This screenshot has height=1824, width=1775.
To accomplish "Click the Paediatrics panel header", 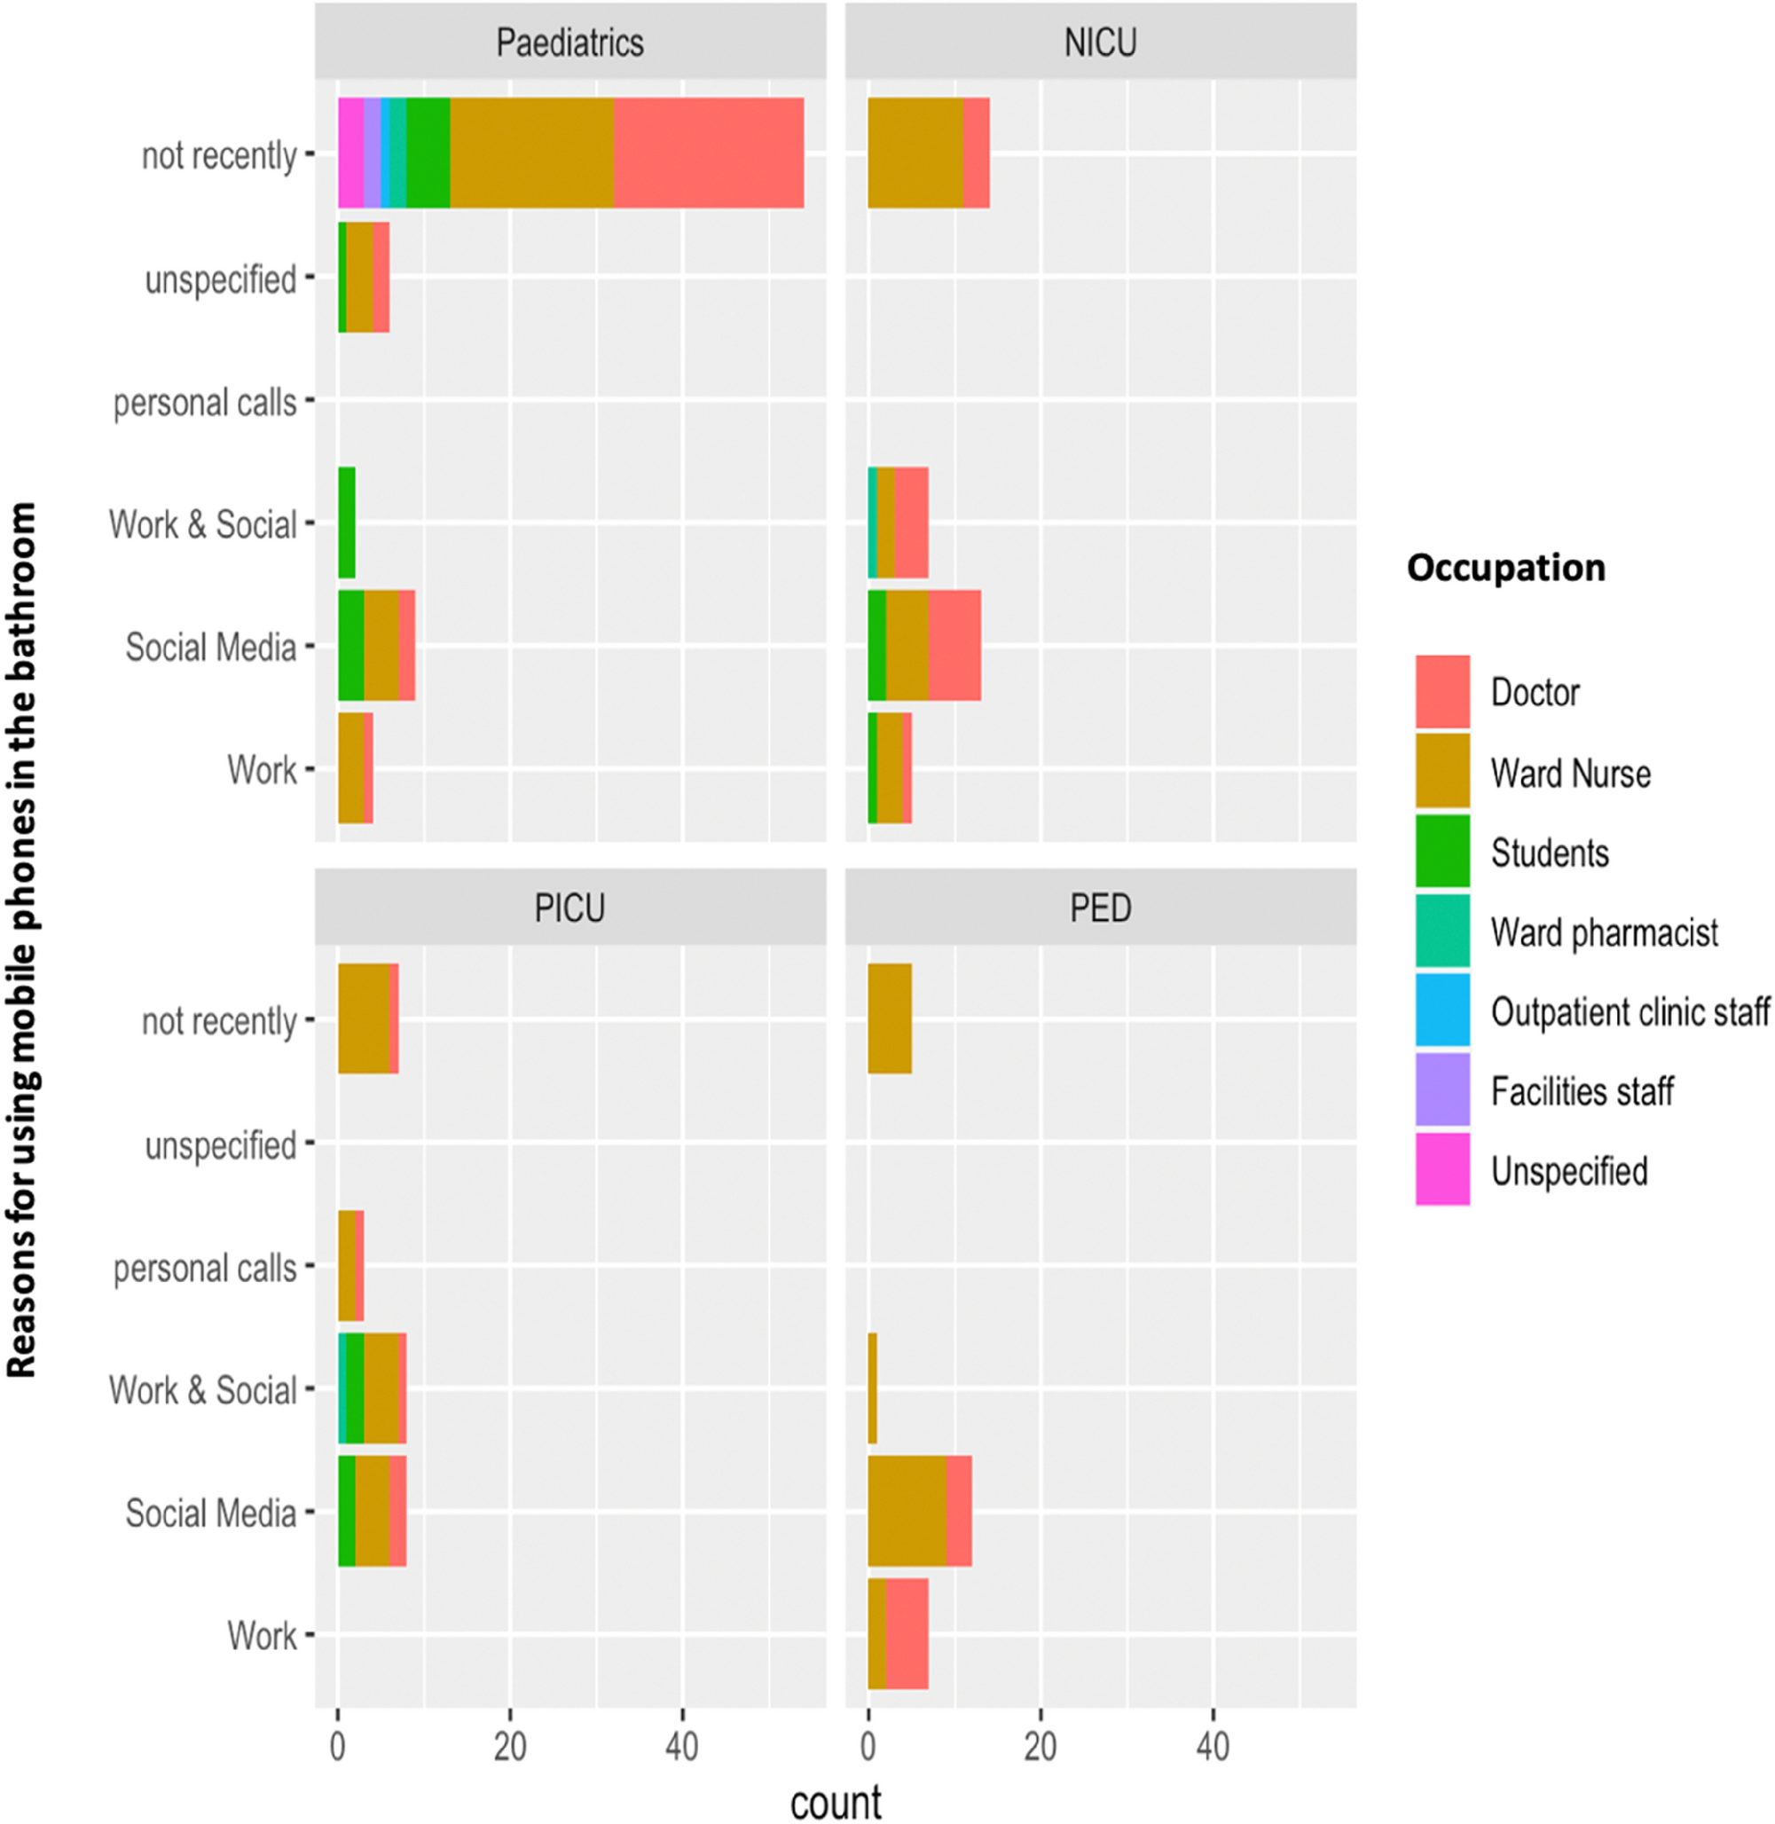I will point(569,42).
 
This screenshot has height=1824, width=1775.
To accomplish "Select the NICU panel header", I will point(1100,42).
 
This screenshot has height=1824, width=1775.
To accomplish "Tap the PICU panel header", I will point(569,908).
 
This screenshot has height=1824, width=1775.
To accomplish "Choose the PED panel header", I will point(1100,908).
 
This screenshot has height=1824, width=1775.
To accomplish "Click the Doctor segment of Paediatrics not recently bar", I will point(709,153).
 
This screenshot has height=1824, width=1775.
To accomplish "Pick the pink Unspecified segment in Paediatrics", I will point(350,153).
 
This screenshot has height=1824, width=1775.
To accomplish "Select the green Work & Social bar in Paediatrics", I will point(346,523).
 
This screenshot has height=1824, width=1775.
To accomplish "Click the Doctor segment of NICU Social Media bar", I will point(954,645).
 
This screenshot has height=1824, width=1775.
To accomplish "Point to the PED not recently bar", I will point(890,1018).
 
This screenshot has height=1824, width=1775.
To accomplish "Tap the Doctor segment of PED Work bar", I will point(907,1634).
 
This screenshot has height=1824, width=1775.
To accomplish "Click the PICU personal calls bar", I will point(350,1265).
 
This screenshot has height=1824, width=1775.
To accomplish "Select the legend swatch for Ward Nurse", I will point(1442,771).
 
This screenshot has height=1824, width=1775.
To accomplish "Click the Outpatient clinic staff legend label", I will point(1630,1011).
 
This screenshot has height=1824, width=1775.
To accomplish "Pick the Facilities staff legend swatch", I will point(1442,1089).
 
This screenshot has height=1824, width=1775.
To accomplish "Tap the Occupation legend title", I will point(1505,567).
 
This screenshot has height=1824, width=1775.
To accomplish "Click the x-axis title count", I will point(836,1802).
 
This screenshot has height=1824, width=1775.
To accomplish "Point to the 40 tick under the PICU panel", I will point(681,1746).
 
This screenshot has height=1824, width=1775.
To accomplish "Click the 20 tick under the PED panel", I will point(1041,1746).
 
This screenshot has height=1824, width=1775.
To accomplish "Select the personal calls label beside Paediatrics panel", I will point(205,403).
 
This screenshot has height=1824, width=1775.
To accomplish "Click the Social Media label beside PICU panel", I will point(211,1513).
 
